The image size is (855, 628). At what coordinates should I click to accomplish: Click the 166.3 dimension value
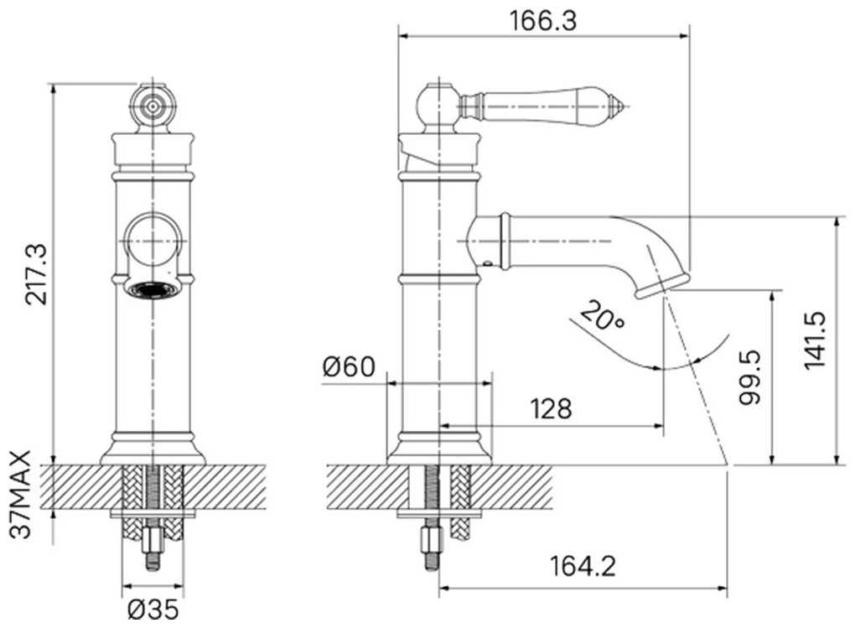point(542,21)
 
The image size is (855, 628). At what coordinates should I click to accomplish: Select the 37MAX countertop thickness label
point(20,495)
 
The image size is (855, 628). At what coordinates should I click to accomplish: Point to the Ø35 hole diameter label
point(153,609)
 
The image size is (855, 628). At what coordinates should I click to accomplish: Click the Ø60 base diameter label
point(349,366)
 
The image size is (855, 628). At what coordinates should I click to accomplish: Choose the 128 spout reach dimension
point(552,408)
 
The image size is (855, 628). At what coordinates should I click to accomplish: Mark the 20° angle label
point(602,316)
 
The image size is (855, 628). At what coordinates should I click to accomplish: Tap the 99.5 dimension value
point(749,377)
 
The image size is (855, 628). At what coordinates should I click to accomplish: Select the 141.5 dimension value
point(816,340)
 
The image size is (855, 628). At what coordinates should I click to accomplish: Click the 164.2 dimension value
point(583,566)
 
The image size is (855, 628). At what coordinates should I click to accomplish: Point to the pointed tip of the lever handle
point(629,106)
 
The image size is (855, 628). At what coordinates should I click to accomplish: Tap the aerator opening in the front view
point(153,289)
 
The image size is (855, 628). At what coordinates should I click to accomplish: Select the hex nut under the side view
point(432,541)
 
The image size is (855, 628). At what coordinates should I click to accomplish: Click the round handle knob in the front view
point(153,106)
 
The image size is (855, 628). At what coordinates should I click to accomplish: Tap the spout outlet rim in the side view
point(662,285)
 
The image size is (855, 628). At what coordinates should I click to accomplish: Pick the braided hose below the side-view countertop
point(459,501)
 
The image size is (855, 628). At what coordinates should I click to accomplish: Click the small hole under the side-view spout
point(486,263)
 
